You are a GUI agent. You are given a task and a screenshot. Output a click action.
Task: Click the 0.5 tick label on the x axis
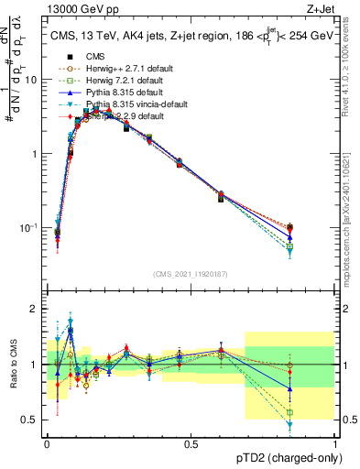(x=191, y=443)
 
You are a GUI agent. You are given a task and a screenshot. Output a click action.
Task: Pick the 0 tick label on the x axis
(x=46, y=443)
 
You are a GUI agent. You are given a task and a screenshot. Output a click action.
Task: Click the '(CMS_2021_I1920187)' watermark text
(x=190, y=274)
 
